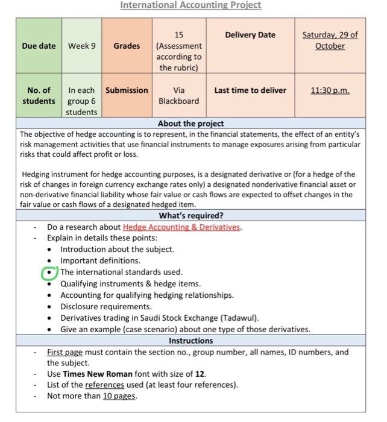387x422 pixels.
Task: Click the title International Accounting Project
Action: click(190, 5)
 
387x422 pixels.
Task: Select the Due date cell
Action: click(39, 46)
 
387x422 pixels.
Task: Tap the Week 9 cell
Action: click(81, 46)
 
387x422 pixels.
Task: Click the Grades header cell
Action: click(127, 46)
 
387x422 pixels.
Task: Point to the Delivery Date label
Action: click(250, 35)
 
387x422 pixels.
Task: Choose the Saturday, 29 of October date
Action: click(330, 40)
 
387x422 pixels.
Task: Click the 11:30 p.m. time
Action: click(330, 90)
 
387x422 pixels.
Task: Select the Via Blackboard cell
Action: click(178, 96)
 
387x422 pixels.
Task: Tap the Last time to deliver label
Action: click(250, 90)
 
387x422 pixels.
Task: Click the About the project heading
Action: click(190, 124)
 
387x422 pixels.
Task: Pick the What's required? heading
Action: click(190, 215)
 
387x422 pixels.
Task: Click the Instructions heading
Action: click(190, 341)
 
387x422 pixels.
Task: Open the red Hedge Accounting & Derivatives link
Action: click(181, 227)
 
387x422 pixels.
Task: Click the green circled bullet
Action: click(49, 272)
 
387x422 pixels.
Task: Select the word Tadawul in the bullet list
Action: click(241, 318)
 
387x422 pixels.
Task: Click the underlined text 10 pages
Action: click(119, 396)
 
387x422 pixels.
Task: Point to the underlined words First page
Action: click(65, 352)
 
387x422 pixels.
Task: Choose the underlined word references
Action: click(104, 385)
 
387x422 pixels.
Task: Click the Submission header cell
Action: click(127, 90)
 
